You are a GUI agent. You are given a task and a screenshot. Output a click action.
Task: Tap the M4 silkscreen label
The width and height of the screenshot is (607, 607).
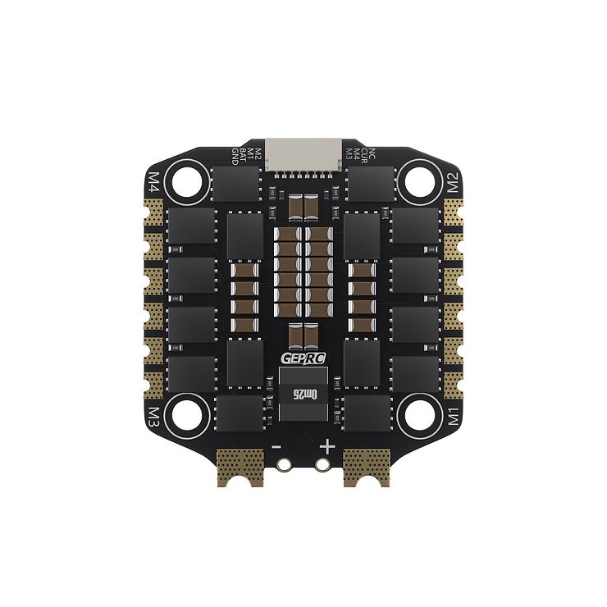[x=153, y=181]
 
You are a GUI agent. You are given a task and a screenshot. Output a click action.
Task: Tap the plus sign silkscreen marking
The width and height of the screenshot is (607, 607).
[x=327, y=447]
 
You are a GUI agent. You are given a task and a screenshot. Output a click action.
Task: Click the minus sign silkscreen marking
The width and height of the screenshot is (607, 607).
[x=277, y=448]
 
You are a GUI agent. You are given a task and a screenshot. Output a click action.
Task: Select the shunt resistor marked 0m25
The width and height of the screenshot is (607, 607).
[x=303, y=395]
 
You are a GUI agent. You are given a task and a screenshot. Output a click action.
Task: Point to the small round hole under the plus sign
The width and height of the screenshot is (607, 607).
[x=323, y=464]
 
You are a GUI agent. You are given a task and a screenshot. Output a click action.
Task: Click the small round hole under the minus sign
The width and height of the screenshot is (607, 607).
[x=284, y=464]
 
